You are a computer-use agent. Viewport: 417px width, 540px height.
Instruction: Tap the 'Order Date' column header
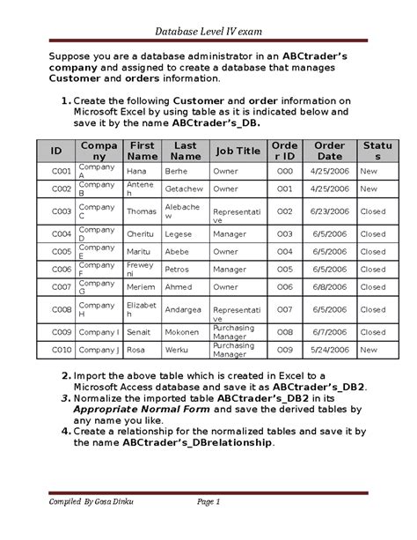click(329, 151)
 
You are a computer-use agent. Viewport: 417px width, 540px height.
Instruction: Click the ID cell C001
click(61, 171)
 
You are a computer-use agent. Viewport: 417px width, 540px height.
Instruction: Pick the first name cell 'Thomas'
click(141, 211)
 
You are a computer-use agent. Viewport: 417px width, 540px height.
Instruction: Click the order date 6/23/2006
click(329, 211)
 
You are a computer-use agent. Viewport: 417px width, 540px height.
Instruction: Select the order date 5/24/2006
click(329, 350)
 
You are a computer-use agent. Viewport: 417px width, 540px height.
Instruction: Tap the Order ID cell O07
click(284, 309)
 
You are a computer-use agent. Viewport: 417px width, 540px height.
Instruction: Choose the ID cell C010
click(61, 350)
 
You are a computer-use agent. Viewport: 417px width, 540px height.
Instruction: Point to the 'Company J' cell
click(99, 350)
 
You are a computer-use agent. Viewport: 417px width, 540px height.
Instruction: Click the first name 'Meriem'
click(142, 286)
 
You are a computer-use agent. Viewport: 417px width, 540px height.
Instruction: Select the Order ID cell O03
click(284, 234)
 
